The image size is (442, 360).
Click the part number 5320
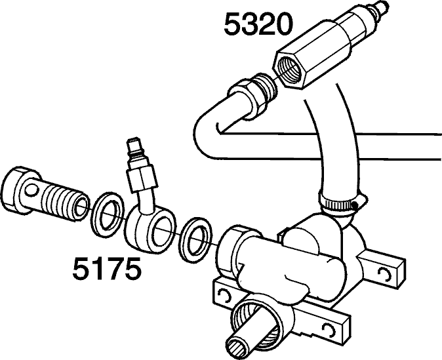click(x=258, y=24)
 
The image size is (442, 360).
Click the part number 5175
click(x=106, y=268)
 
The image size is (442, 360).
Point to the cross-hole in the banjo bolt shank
click(x=31, y=191)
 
